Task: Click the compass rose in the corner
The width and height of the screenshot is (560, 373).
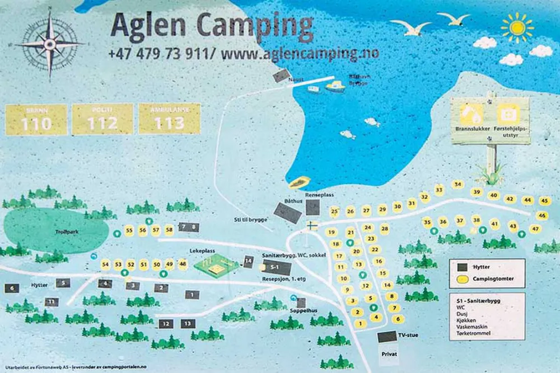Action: pos(49,44)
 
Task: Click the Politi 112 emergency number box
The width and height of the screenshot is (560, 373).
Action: pos(102,119)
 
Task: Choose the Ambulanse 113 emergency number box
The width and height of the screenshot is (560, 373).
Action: pos(169,119)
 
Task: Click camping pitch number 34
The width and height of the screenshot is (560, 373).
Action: pos(458,185)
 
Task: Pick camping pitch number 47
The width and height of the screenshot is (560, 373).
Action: pos(535,228)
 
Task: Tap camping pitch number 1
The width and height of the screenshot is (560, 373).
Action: pos(360,323)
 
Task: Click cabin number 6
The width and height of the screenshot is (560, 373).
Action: pos(12,289)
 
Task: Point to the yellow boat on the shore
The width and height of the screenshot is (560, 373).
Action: pos(300,182)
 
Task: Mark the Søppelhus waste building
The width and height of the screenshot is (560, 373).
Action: pos(301,303)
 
